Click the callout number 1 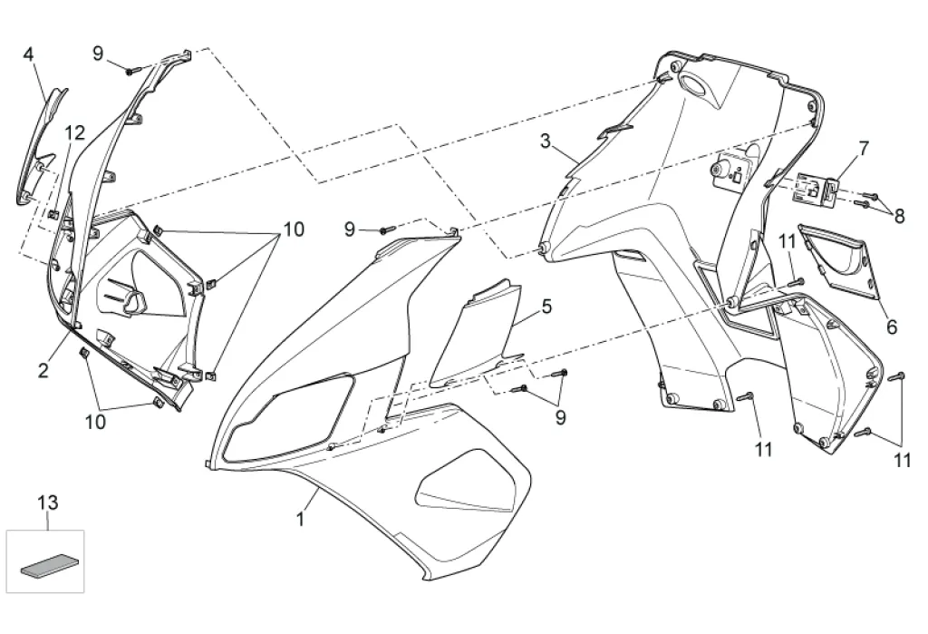click(x=300, y=520)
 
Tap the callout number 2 click(x=43, y=370)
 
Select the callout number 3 click(x=545, y=141)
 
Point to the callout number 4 click(x=28, y=54)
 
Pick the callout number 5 click(x=546, y=307)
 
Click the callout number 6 click(x=891, y=327)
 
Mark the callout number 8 click(x=899, y=217)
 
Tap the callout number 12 click(x=74, y=133)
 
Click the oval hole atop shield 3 click(x=694, y=87)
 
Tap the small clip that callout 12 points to click(x=54, y=215)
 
